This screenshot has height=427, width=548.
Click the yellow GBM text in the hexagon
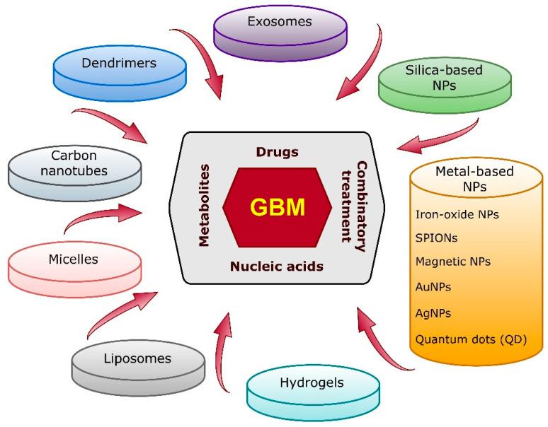pyautogui.click(x=278, y=208)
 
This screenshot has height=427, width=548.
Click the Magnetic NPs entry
pyautogui.click(x=454, y=262)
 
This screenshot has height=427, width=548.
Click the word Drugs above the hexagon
pyautogui.click(x=277, y=152)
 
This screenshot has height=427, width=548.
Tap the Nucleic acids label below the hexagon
pyautogui.click(x=277, y=267)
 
